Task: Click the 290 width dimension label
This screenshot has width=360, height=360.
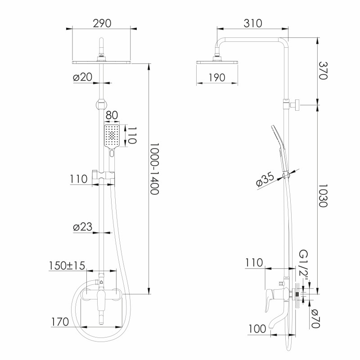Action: pyautogui.click(x=102, y=23)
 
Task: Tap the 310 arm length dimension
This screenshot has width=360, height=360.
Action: pyautogui.click(x=252, y=23)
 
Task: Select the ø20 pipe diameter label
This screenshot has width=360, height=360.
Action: pyautogui.click(x=82, y=77)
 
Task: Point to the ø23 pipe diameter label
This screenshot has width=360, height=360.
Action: pyautogui.click(x=82, y=227)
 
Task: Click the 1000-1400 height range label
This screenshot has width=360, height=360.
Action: pyautogui.click(x=154, y=169)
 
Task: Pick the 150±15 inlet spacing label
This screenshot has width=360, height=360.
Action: pyautogui.click(x=67, y=265)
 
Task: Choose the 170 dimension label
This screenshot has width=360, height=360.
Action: pyautogui.click(x=60, y=322)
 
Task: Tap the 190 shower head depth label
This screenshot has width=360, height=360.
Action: pyautogui.click(x=217, y=77)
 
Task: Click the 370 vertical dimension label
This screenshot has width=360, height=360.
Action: pyautogui.click(x=323, y=71)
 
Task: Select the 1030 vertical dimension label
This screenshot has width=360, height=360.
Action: pyautogui.click(x=323, y=196)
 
